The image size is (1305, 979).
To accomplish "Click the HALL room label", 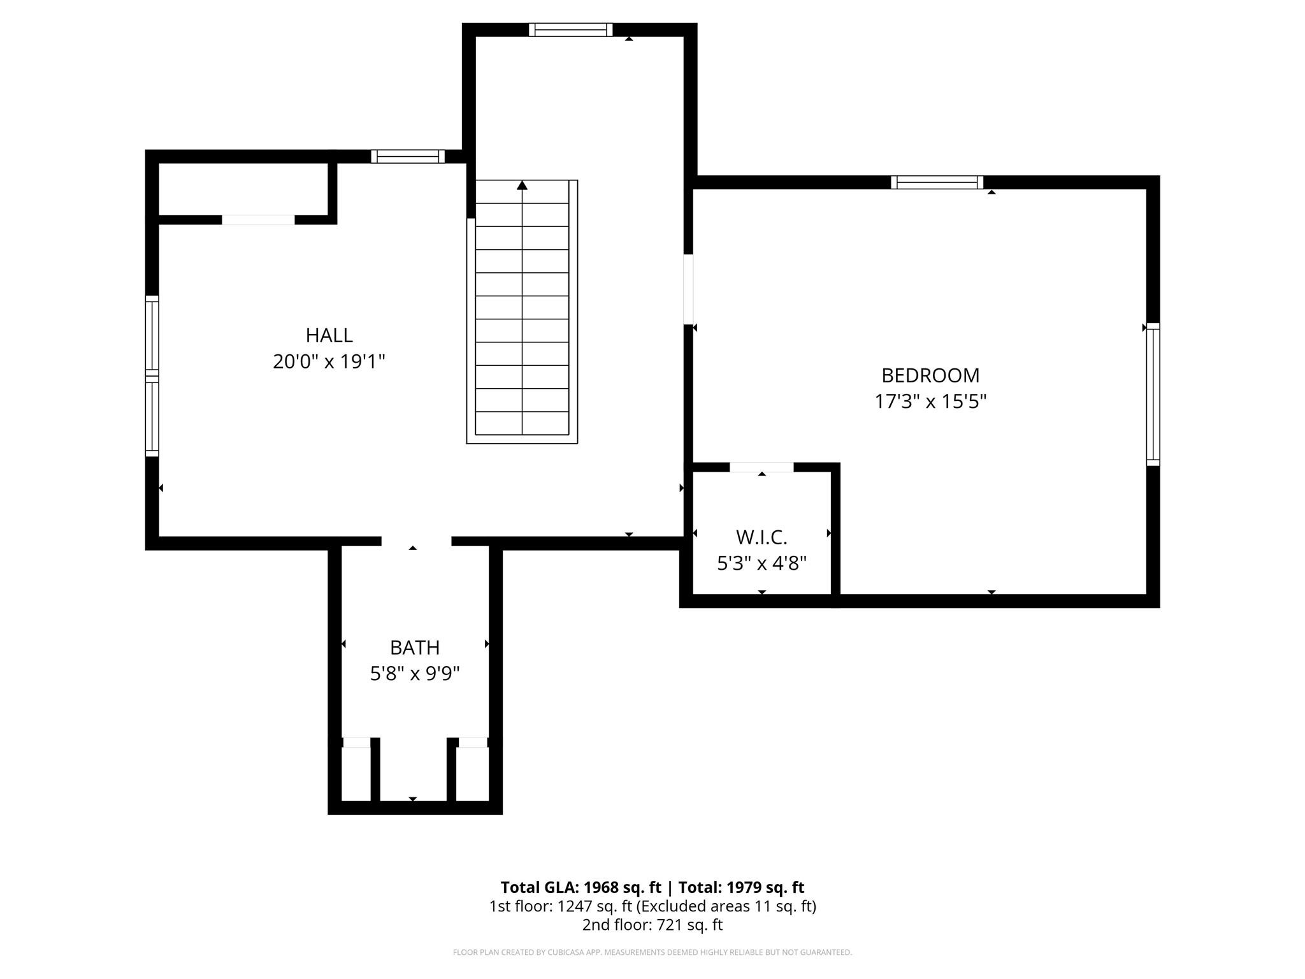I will tap(329, 335).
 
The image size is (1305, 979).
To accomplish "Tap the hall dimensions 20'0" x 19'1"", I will tap(329, 362).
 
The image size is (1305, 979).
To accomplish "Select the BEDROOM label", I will tap(930, 375).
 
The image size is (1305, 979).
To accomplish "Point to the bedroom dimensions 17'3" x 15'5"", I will tap(930, 402).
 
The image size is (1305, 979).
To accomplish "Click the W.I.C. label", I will tap(761, 537).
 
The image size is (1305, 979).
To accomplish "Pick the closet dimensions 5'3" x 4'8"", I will tap(761, 563).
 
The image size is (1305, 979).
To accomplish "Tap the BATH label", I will tap(415, 648).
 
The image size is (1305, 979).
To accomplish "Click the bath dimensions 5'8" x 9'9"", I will tap(415, 674).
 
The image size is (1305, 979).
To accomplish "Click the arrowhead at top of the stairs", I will tap(522, 185).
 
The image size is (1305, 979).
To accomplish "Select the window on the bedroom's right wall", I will tap(1153, 394).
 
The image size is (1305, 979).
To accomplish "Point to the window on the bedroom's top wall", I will tap(937, 182).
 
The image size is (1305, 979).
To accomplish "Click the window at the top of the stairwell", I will tap(570, 30).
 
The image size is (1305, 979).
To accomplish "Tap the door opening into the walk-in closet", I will tap(761, 467).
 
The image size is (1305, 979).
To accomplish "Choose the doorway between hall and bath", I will tap(416, 542).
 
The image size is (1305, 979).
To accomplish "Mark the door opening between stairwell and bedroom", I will tap(688, 289).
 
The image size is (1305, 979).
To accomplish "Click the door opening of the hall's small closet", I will tap(258, 220).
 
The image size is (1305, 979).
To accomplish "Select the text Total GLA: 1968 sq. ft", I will tap(580, 887).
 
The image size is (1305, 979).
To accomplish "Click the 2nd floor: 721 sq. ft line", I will tap(652, 925).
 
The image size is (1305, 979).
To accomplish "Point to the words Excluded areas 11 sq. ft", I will tap(726, 906).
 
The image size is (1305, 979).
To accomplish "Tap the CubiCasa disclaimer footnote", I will tap(652, 952).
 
